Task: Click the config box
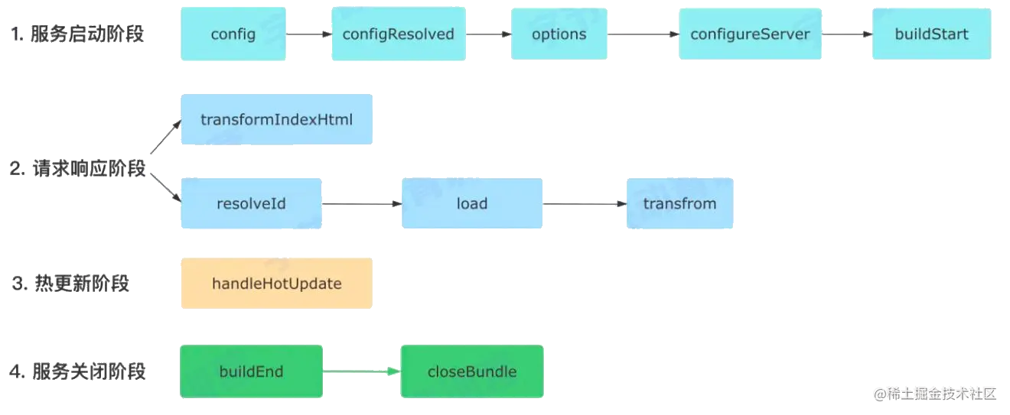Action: (233, 34)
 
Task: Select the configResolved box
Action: (399, 34)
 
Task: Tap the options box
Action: (559, 34)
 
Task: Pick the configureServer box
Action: (751, 34)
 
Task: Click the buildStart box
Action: (931, 34)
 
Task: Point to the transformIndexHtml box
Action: (277, 119)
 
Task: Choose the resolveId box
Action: (251, 203)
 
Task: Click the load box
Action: (472, 203)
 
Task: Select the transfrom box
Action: (680, 203)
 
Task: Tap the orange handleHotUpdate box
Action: (277, 284)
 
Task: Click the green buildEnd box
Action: (251, 371)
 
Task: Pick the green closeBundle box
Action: (472, 371)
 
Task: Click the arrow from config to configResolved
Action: (309, 34)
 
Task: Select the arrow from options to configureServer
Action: (643, 34)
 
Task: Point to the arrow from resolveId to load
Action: (362, 204)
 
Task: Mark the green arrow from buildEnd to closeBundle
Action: (362, 371)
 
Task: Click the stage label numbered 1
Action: (77, 34)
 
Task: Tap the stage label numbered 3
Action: (70, 284)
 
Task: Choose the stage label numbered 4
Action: (77, 371)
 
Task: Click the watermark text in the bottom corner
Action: (935, 394)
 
